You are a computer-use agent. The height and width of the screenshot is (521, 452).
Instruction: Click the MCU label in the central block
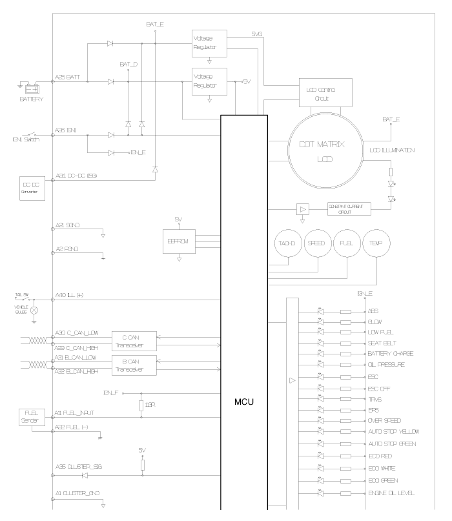(243, 401)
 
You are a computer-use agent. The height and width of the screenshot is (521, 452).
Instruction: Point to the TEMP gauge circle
(377, 245)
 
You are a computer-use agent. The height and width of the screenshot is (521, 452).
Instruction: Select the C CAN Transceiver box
(134, 340)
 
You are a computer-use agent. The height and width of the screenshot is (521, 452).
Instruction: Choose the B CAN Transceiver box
(134, 365)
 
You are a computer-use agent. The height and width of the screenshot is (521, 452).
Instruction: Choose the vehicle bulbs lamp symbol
(34, 310)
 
